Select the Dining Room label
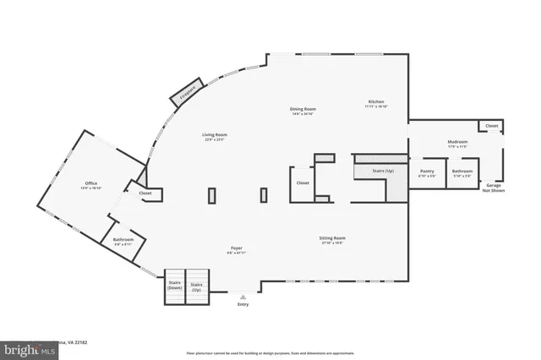click(303, 110)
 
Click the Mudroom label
click(457, 144)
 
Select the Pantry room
click(427, 173)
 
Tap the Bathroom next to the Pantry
click(462, 173)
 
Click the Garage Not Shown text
click(493, 188)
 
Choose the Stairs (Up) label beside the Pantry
click(383, 171)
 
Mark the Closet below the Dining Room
click(303, 183)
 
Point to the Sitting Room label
click(332, 239)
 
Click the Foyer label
click(237, 250)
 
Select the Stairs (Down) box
click(175, 286)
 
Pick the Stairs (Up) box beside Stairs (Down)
click(197, 286)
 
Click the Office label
click(90, 185)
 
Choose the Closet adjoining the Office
click(145, 193)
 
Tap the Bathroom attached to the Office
click(123, 241)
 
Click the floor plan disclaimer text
click(270, 352)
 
